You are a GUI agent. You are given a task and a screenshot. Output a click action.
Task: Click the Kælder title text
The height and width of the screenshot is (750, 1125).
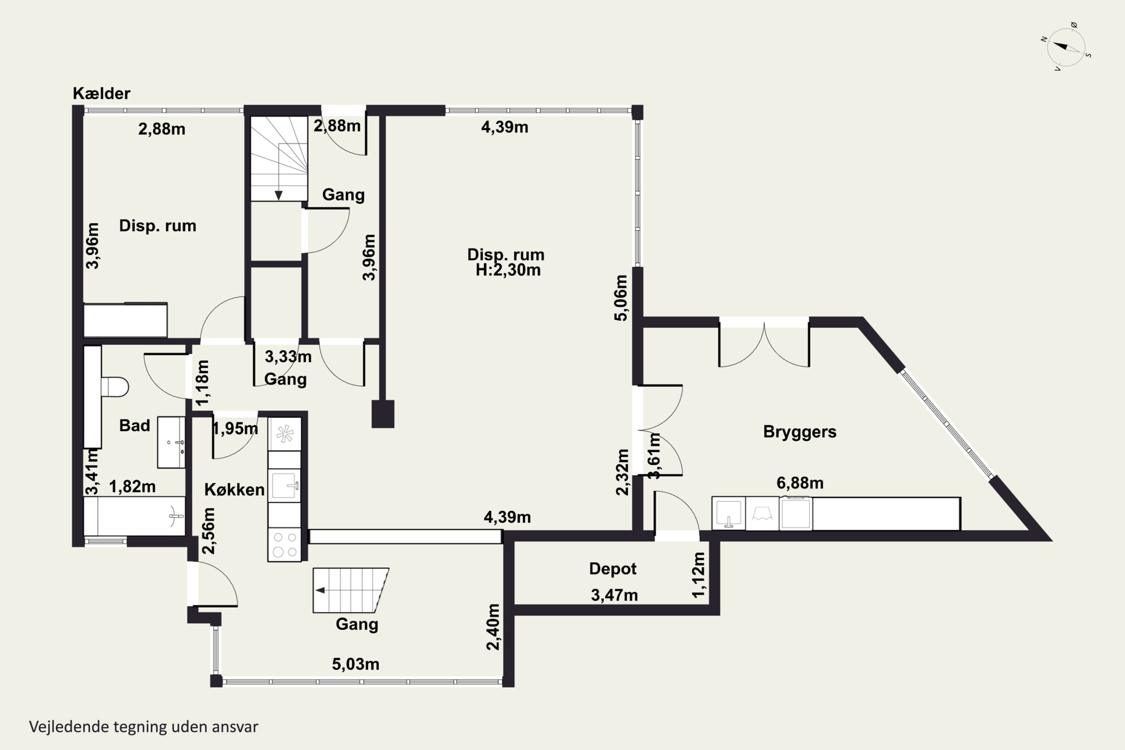tap(101, 93)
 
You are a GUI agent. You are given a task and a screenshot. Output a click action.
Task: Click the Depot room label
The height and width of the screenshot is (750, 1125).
tap(613, 569)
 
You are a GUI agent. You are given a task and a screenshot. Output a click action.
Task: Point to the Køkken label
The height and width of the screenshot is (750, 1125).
tap(234, 489)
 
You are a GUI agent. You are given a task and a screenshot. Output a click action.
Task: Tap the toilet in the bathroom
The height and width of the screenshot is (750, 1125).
tap(115, 387)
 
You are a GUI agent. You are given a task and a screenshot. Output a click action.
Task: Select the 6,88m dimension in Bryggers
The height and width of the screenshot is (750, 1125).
tap(800, 483)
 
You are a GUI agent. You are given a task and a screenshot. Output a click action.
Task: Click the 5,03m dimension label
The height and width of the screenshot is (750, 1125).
tap(355, 664)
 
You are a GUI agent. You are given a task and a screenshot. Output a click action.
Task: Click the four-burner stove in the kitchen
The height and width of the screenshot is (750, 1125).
tap(284, 544)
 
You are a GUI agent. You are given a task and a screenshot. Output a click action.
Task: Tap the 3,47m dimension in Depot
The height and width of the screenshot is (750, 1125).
tap(614, 595)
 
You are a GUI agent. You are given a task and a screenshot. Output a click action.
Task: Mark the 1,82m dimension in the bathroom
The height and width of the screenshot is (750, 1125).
tap(132, 486)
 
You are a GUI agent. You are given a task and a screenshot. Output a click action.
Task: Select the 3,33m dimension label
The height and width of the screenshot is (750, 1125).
tap(288, 356)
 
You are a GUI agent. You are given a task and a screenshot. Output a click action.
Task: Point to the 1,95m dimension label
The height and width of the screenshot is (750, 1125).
tap(234, 429)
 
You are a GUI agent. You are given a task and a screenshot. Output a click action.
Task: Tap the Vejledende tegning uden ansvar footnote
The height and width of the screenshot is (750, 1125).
tap(144, 727)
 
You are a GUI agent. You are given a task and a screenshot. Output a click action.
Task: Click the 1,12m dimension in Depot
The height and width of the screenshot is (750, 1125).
tap(698, 575)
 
